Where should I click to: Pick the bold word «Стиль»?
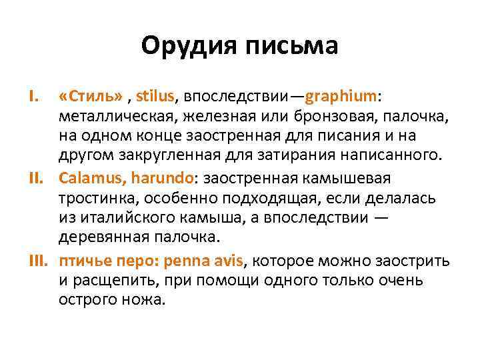pos(90,97)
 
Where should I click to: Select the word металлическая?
pos(111,117)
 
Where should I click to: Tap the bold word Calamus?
pos(86,179)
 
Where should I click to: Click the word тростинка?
pos(93,199)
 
